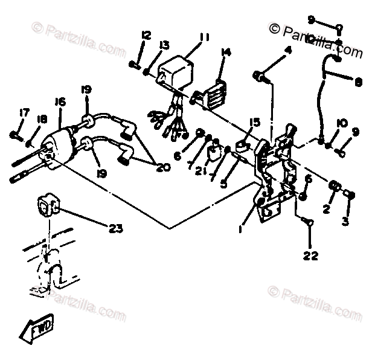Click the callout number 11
click(x=204, y=37)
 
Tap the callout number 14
click(x=226, y=53)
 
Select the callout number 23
click(x=115, y=228)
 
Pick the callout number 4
click(x=287, y=50)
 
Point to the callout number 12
click(x=146, y=34)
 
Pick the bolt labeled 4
click(x=261, y=76)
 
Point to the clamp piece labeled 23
click(x=47, y=205)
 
